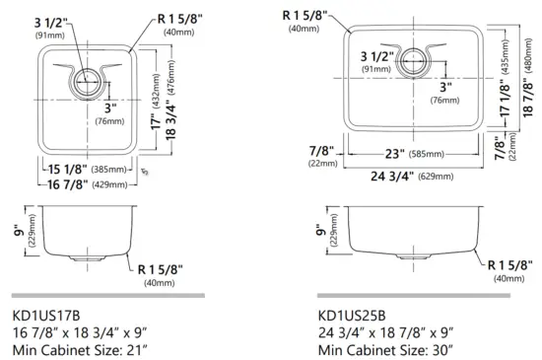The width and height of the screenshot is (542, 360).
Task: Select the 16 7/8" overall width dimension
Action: coord(63,184)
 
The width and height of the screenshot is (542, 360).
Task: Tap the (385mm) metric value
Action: coord(111,170)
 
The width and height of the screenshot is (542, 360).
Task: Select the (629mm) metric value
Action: coord(433,178)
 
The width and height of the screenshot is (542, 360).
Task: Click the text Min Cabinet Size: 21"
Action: coord(80,348)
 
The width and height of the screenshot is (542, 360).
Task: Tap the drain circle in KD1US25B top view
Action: coord(413,56)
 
